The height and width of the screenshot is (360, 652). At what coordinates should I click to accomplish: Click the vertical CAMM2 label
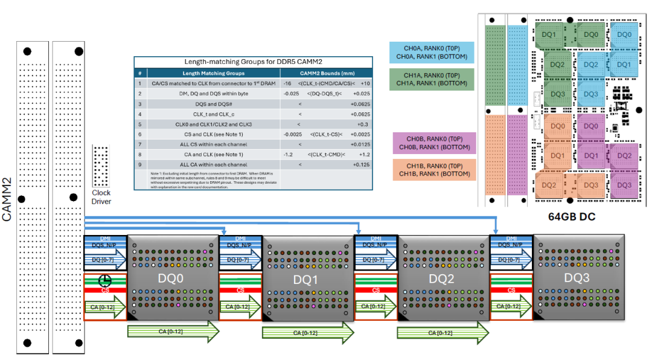(x=8, y=199)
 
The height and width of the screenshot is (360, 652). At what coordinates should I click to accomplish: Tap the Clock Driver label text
(x=101, y=197)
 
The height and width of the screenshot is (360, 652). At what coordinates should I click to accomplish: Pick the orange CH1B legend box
(x=432, y=170)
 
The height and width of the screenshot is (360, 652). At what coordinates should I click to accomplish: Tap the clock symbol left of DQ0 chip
(x=105, y=280)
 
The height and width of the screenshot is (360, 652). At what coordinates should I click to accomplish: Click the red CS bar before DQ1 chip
(x=240, y=291)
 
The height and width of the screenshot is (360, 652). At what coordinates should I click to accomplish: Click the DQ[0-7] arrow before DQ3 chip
(x=511, y=260)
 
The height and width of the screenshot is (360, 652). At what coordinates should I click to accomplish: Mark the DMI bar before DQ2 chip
(x=376, y=239)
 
